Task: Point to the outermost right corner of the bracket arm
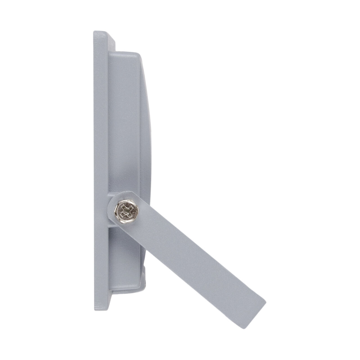click(265, 295)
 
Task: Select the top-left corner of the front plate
click(94, 32)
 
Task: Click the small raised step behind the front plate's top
click(112, 42)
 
